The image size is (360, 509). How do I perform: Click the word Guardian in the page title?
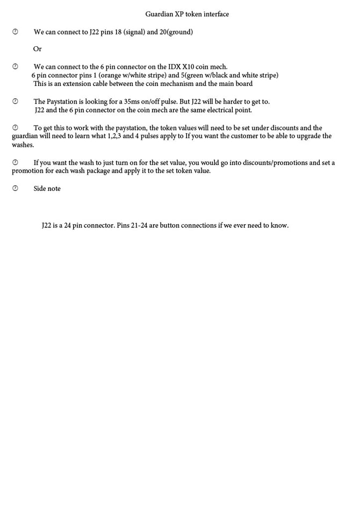[159, 14]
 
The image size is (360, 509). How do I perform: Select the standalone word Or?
[37, 49]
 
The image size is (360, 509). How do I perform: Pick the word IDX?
[174, 67]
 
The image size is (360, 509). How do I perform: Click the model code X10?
[188, 67]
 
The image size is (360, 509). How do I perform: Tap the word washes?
[23, 145]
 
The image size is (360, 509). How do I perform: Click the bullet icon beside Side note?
[15, 188]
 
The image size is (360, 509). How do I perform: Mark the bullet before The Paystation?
[15, 102]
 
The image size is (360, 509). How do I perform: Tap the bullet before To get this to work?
[15, 128]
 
